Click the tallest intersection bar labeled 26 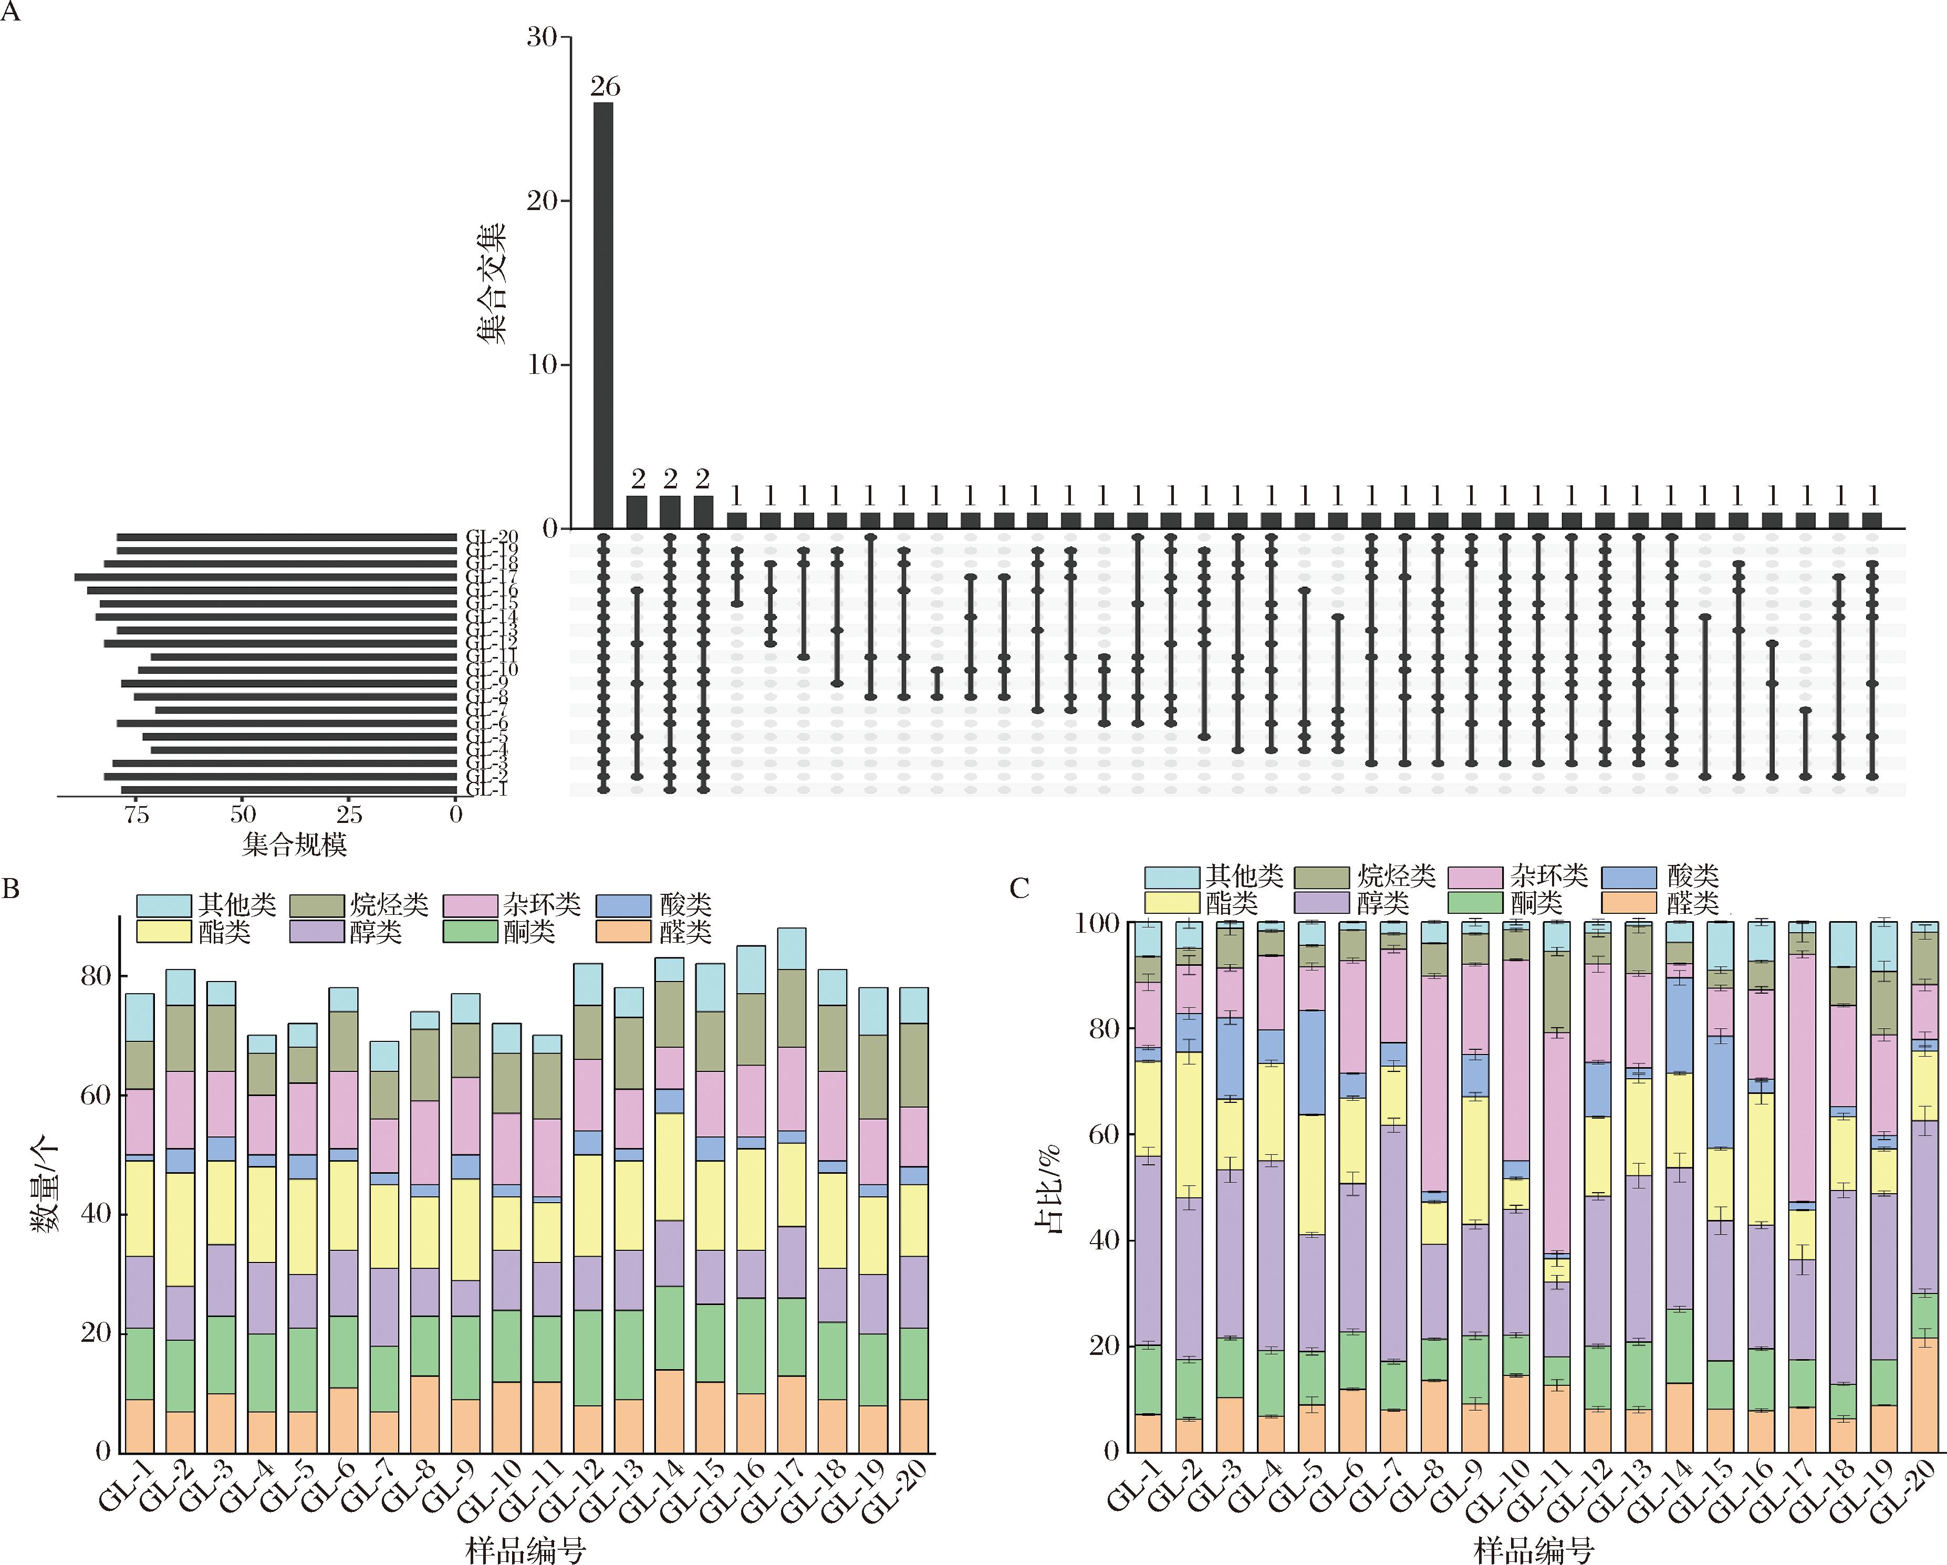pos(604,316)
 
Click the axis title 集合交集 pos(491,283)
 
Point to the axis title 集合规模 pos(295,844)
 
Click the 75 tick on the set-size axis pos(137,815)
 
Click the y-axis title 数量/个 pos(46,1185)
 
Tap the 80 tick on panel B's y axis pos(96,976)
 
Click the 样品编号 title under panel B pos(526,1550)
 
